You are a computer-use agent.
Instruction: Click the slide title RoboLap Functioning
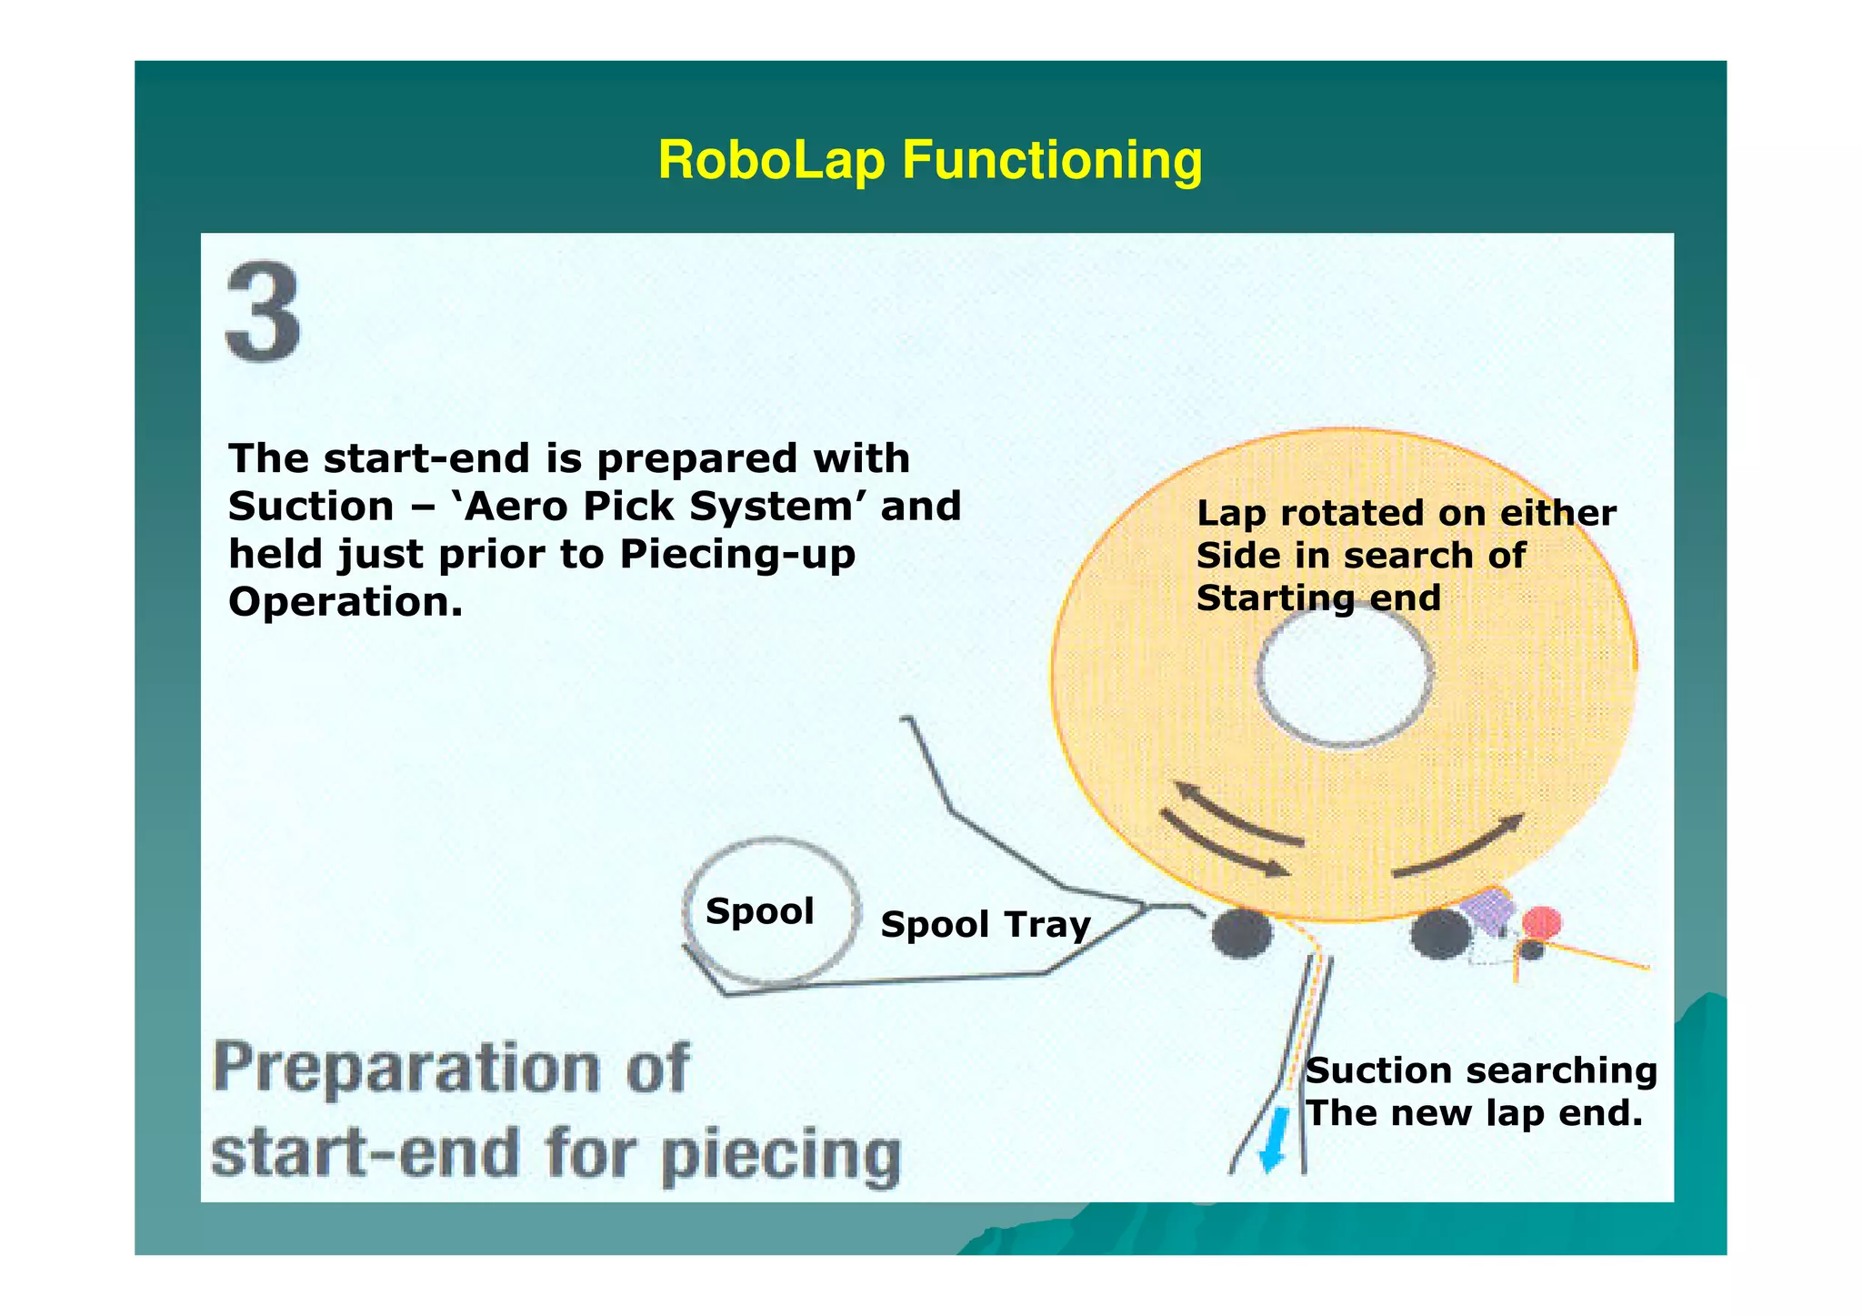(929, 160)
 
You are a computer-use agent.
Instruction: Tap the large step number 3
(264, 312)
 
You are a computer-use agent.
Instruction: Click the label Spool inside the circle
(759, 911)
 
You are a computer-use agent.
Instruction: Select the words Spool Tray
(986, 925)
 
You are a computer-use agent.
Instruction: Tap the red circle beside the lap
(1542, 923)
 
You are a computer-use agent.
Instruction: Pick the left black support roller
(1241, 932)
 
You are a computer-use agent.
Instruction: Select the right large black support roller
(1440, 934)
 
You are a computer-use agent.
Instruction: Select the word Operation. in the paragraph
(345, 602)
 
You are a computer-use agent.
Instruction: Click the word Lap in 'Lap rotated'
(1230, 514)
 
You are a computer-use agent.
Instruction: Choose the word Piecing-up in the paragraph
(737, 555)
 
